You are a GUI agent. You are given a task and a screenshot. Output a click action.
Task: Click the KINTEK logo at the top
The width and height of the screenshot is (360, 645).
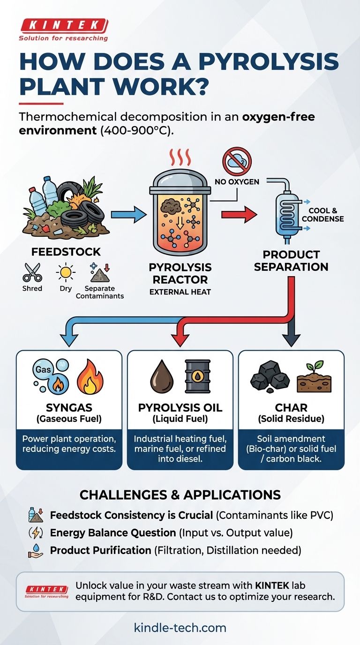[x=63, y=25]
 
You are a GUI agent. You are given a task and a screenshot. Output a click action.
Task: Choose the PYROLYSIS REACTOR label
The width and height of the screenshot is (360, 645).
[x=180, y=273]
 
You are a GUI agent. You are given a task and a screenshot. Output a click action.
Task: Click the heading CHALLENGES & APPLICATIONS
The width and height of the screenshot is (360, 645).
[x=180, y=495]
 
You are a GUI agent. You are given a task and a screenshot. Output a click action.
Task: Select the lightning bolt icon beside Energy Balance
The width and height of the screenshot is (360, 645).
[x=36, y=533]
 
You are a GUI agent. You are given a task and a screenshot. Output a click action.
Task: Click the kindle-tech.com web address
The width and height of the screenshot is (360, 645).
[x=180, y=627]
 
